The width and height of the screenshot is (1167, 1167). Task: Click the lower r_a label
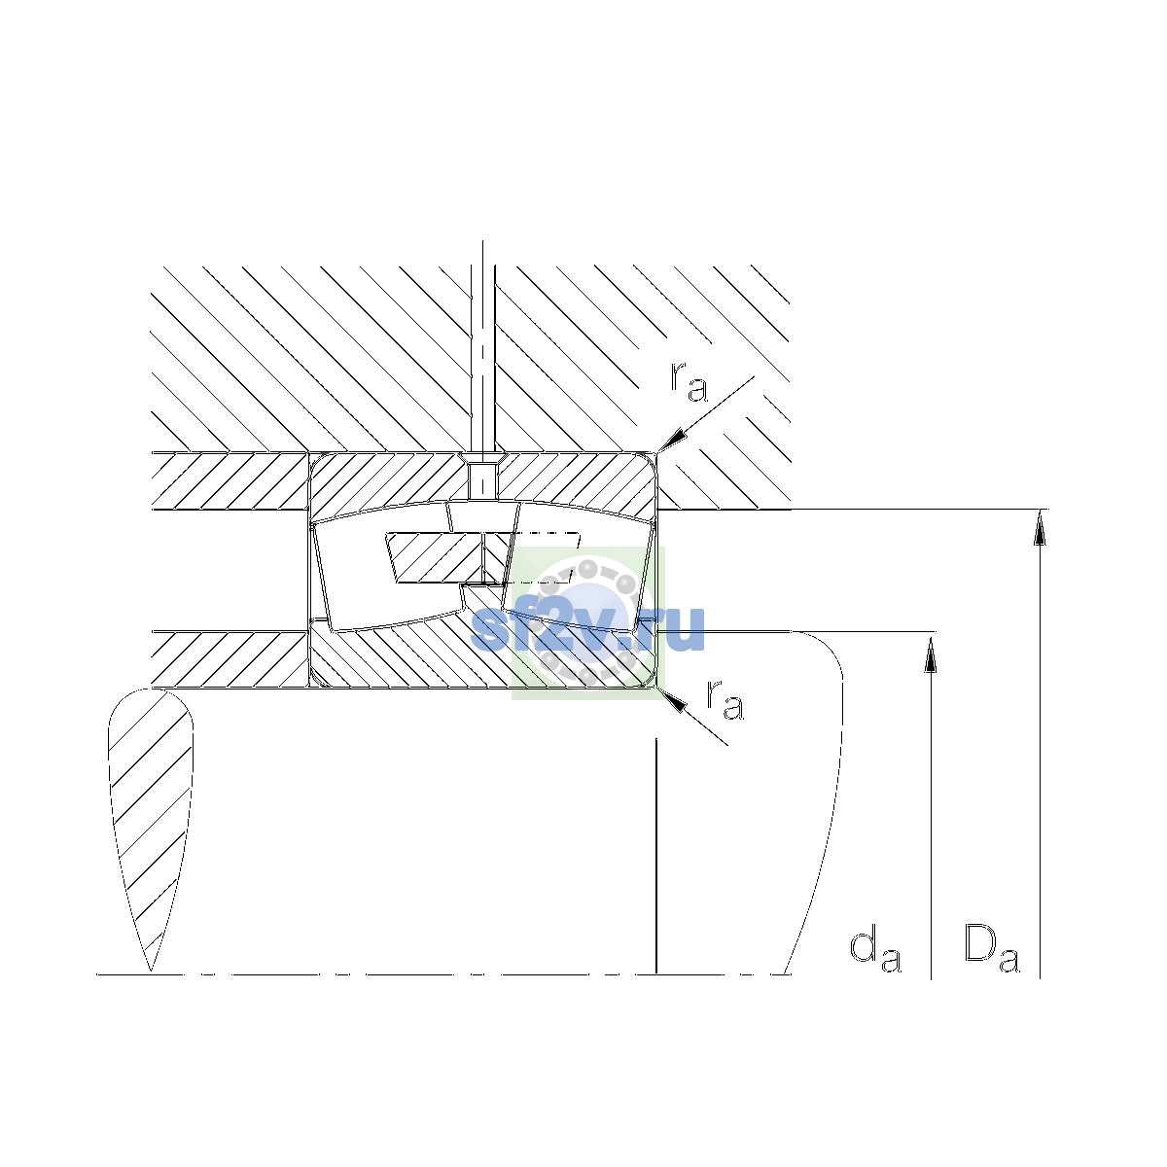click(725, 700)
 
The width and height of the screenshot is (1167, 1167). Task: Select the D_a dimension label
click(991, 953)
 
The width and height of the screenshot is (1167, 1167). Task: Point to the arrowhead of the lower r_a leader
click(672, 700)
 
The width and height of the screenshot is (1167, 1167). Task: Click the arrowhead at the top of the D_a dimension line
click(1040, 527)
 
